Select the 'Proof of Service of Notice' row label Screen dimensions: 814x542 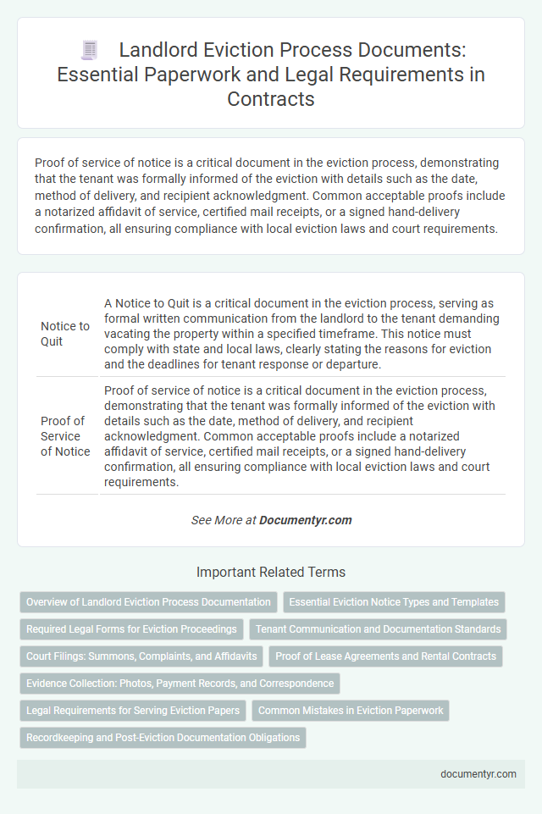(x=65, y=436)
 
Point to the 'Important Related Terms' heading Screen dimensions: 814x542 (x=271, y=572)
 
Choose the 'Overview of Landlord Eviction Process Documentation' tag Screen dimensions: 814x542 (x=148, y=602)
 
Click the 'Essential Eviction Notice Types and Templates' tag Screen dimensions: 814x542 (x=394, y=602)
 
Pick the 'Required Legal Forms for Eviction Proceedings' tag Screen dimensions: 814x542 (x=131, y=629)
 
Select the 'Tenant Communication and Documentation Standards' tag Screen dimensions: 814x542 (x=377, y=629)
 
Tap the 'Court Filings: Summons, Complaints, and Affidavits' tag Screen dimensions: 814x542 (x=140, y=656)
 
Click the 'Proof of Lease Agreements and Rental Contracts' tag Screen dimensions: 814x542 (x=385, y=656)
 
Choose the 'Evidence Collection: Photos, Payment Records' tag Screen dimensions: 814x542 (x=180, y=684)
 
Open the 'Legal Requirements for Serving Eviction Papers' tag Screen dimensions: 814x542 (x=132, y=711)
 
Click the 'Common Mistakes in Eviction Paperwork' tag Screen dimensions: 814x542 (x=351, y=711)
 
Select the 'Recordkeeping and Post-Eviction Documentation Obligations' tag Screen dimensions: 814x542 (x=163, y=738)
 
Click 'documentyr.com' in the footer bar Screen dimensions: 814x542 (x=478, y=773)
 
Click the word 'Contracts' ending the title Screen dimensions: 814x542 (x=271, y=98)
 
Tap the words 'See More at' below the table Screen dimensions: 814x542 (x=224, y=520)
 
